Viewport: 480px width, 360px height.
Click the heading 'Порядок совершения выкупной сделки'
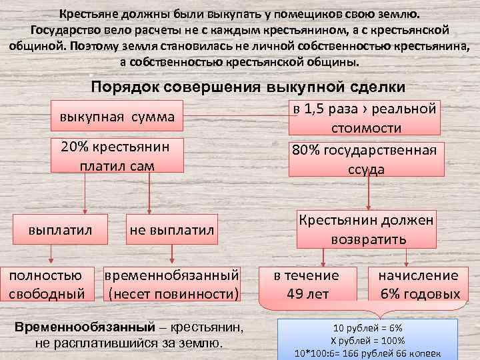click(x=247, y=87)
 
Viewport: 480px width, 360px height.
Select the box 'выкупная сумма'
click(x=117, y=117)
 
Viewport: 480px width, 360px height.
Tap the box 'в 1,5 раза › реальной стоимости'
click(x=366, y=118)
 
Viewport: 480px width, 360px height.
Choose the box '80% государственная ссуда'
click(x=366, y=159)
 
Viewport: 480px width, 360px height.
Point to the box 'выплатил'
click(x=60, y=229)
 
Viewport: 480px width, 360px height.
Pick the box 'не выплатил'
click(x=172, y=229)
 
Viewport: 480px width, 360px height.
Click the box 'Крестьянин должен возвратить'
click(x=366, y=228)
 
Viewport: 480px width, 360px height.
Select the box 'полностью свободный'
click(x=46, y=284)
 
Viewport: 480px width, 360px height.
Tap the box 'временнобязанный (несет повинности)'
click(x=173, y=284)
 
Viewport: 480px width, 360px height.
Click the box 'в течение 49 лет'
click(x=307, y=284)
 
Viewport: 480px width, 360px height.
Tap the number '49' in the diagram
click(x=295, y=294)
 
